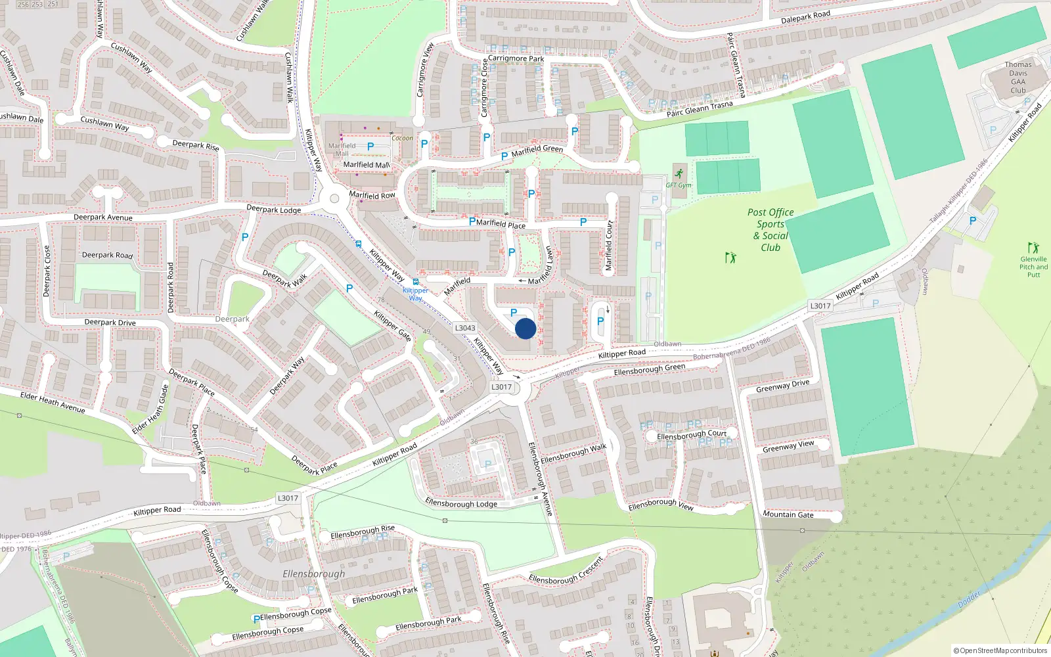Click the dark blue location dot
[x=525, y=328]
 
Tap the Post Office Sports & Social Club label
[x=771, y=230]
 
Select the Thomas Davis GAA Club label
[x=1017, y=78]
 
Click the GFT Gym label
[x=679, y=185]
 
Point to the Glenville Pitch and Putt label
[x=1033, y=267]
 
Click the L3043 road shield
[x=465, y=328]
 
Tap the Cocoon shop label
[x=402, y=138]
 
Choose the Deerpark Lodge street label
[x=273, y=210]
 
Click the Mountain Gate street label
[x=788, y=514]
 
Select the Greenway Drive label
[x=782, y=386]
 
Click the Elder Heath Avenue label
[x=53, y=402]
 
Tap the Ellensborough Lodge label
[x=461, y=504]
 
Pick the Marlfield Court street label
[x=608, y=246]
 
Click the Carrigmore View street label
[x=425, y=70]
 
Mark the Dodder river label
[x=969, y=599]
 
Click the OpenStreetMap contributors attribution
[x=1000, y=650]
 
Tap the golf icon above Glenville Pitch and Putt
[x=1034, y=248]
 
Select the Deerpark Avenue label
[x=103, y=217]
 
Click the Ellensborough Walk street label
[x=573, y=453]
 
